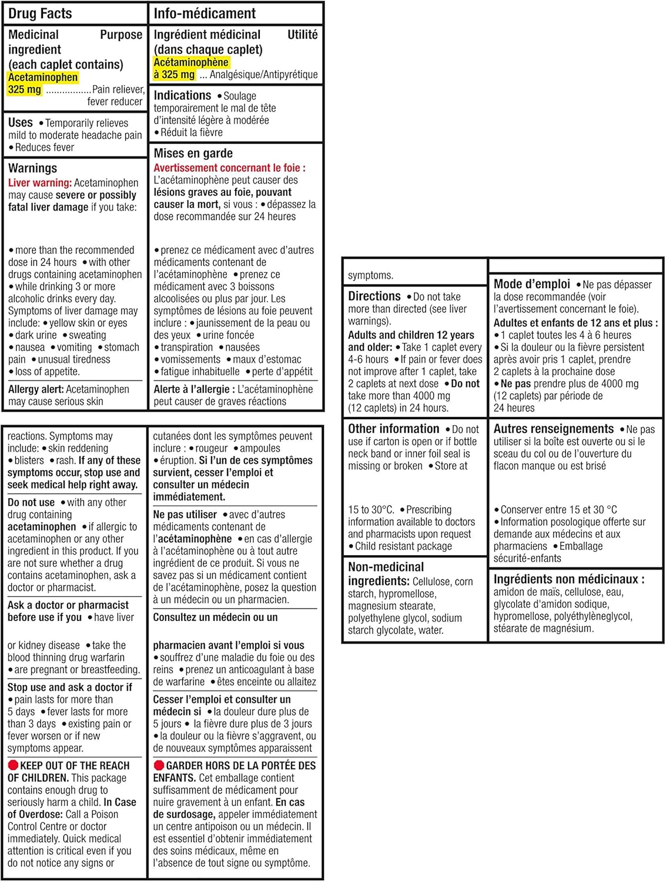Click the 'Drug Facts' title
40,13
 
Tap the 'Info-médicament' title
204,13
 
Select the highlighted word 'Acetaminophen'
43,77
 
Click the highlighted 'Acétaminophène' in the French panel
191,62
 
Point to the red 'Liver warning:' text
40,183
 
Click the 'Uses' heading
21,122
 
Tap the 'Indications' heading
182,95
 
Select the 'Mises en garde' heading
193,153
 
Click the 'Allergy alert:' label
36,389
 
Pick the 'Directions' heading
374,296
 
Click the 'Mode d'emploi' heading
531,284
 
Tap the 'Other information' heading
393,429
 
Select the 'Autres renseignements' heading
553,429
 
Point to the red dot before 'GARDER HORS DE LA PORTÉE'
158,766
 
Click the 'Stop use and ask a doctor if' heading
69,687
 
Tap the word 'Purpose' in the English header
121,35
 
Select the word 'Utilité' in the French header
302,35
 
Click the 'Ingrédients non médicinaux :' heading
568,579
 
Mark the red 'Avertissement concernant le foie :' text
229,168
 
